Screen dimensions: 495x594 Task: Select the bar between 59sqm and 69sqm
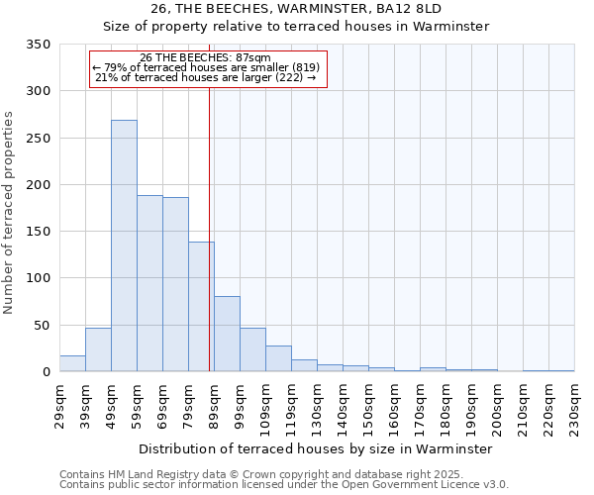[149, 283]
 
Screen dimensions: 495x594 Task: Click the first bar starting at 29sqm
[72, 363]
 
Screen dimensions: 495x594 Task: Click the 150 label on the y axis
[39, 232]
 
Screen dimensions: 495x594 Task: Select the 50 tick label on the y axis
[42, 325]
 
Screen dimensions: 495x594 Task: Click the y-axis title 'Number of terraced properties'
[10, 212]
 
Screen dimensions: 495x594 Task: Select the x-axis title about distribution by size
[316, 448]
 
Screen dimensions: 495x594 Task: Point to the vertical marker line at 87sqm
[210, 228]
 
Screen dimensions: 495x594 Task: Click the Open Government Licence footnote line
[284, 484]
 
